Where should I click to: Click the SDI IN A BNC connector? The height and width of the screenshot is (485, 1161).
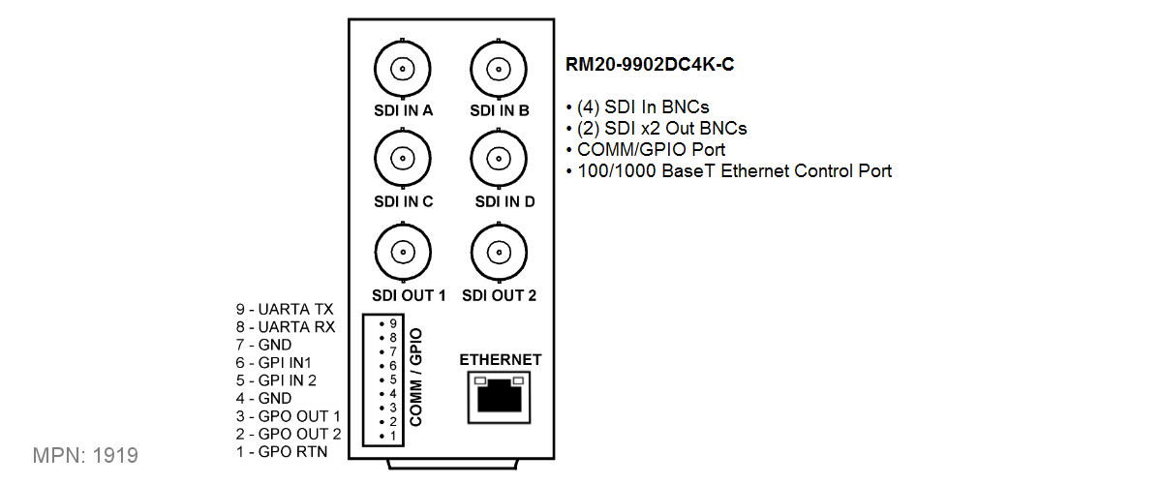click(402, 69)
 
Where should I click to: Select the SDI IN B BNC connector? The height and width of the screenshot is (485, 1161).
click(499, 69)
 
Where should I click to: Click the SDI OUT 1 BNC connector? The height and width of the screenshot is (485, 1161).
click(402, 251)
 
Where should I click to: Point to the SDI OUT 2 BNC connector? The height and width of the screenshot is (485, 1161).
click(499, 251)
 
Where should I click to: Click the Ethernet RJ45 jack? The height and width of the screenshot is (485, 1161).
click(500, 397)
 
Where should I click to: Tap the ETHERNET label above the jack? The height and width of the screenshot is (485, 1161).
click(500, 360)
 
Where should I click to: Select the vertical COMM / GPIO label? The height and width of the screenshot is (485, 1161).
click(417, 378)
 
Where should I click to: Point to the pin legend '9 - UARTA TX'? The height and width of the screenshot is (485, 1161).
click(284, 309)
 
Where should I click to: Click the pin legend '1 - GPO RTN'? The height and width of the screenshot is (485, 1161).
click(281, 451)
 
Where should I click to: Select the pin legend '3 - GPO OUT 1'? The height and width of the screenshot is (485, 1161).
click(288, 415)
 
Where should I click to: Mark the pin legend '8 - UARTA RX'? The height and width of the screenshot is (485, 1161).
click(285, 327)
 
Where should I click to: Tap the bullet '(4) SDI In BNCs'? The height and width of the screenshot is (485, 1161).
click(643, 106)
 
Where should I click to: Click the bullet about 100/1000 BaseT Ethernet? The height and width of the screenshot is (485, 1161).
click(728, 171)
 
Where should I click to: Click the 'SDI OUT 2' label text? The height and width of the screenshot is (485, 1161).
click(499, 295)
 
